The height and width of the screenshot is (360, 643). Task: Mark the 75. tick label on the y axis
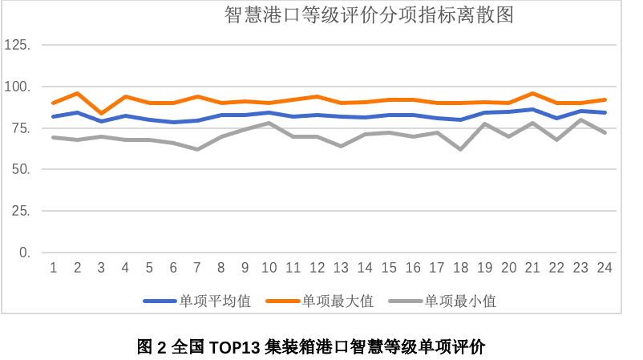click(x=21, y=128)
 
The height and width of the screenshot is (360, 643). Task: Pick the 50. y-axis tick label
click(x=21, y=170)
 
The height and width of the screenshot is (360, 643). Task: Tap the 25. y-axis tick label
click(x=21, y=212)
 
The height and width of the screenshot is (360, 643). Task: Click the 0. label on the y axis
click(x=24, y=253)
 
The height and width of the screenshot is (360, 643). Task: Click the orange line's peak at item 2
click(x=77, y=94)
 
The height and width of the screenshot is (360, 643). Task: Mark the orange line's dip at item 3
click(x=101, y=114)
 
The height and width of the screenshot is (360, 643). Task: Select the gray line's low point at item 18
click(x=461, y=149)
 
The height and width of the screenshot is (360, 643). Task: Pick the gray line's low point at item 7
click(x=197, y=149)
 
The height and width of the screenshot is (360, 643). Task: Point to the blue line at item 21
click(x=533, y=109)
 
